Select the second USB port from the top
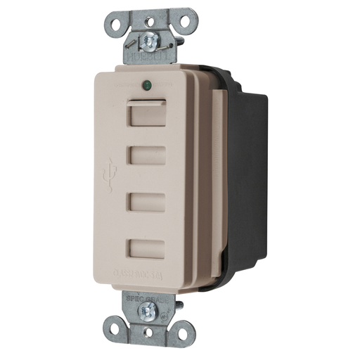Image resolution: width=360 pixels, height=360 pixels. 147,155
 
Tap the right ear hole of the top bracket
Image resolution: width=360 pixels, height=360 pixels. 184,22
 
